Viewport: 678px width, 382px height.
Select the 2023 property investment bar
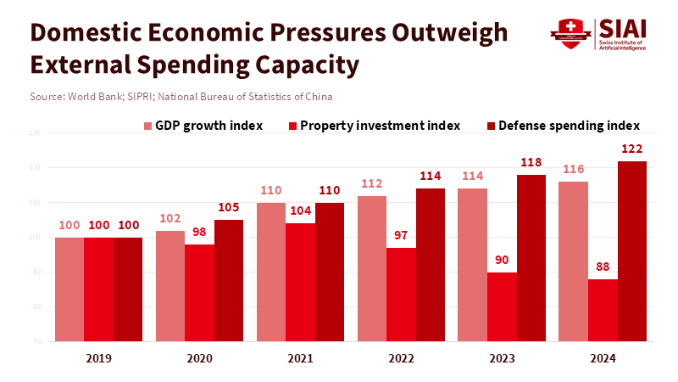502,306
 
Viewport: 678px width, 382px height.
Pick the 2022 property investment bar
401,295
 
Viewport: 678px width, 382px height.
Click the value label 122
632,149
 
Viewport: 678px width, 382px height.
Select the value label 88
603,267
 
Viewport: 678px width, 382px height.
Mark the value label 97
401,236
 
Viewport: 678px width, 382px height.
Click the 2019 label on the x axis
98,359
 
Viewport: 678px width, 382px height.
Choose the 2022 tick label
401,359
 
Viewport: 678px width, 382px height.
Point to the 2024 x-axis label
603,359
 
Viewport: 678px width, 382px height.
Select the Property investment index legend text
380,126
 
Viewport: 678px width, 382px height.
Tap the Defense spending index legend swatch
491,126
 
